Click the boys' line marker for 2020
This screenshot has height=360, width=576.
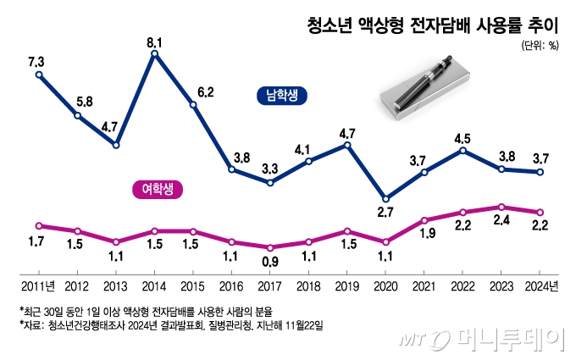386,198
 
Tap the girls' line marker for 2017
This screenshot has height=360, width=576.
270,247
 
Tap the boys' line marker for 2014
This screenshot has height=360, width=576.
155,54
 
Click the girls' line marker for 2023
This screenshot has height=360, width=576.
502,207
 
